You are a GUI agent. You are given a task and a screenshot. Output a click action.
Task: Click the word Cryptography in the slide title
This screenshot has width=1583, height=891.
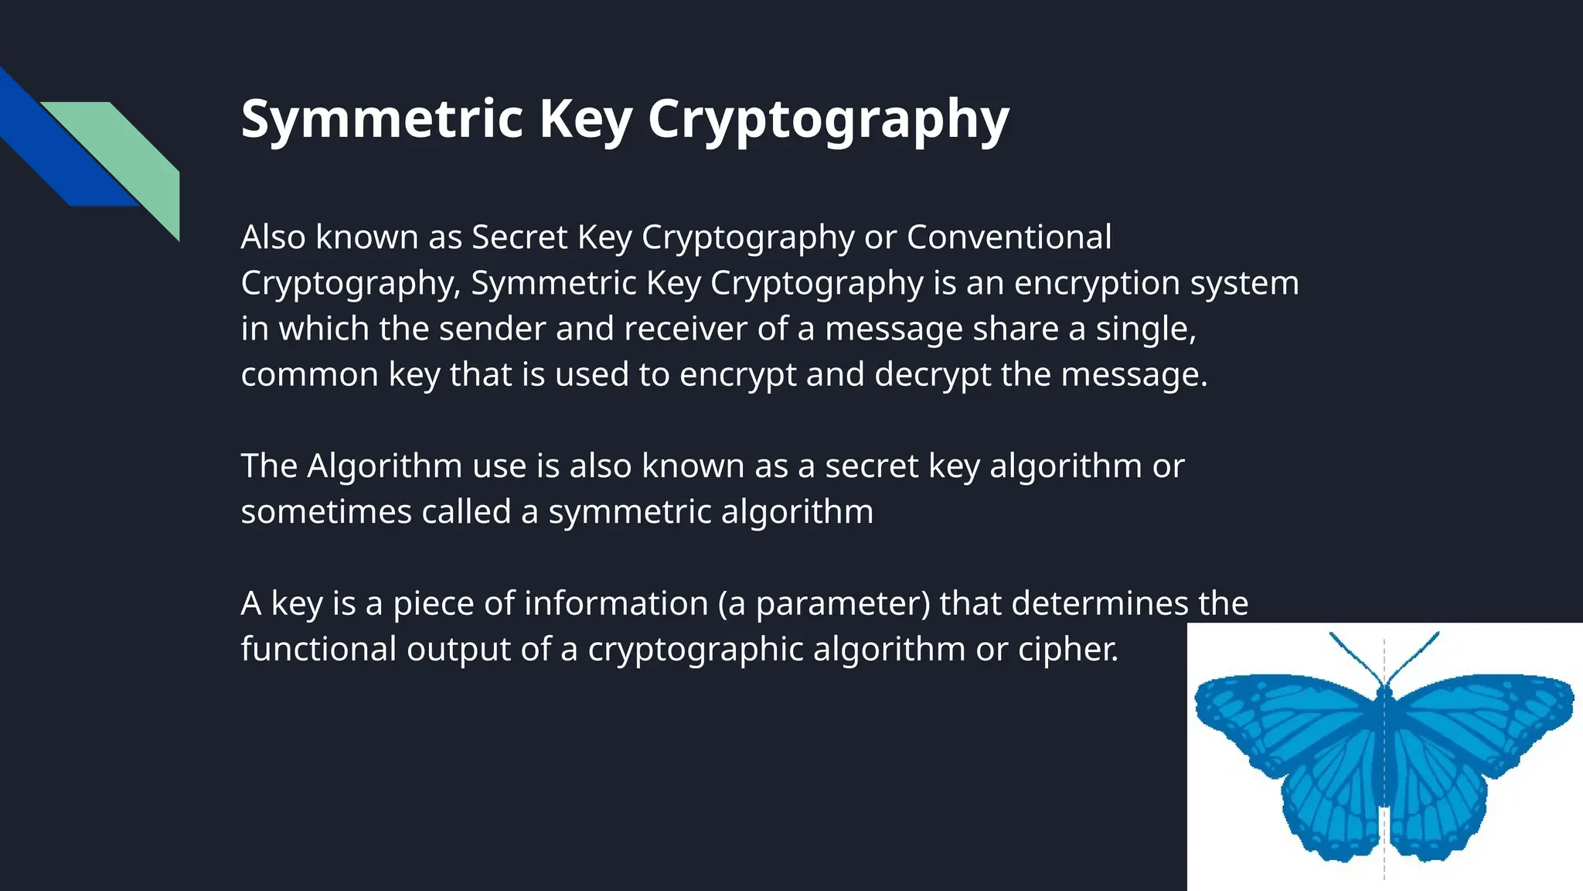828,120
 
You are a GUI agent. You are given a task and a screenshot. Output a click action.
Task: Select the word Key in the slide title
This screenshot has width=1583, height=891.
586,120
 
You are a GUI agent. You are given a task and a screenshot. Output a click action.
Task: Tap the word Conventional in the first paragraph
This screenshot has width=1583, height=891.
1009,237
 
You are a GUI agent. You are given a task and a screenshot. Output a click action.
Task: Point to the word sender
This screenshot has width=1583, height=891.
492,329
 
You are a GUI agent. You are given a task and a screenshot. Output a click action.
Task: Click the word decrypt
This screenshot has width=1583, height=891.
932,374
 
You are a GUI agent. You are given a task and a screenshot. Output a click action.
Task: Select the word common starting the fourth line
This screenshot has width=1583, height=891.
309,374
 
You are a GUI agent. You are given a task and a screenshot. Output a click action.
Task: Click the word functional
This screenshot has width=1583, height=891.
318,649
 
